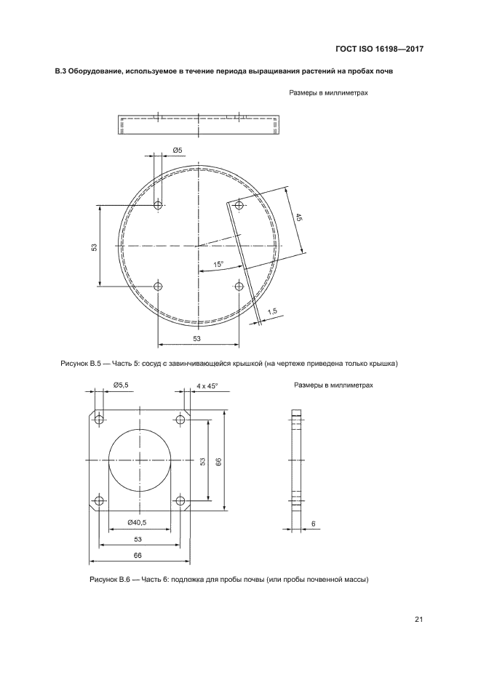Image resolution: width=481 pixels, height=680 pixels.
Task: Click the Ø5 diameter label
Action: (x=178, y=150)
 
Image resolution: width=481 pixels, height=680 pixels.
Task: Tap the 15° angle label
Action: (x=218, y=264)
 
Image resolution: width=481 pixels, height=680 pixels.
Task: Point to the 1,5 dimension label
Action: (x=272, y=311)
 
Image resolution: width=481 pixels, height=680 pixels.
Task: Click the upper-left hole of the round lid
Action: (x=158, y=204)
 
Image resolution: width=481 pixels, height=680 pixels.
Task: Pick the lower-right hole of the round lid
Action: (x=239, y=286)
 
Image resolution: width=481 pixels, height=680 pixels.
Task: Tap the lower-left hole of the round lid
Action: (x=158, y=286)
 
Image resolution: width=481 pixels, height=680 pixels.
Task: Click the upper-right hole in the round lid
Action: (x=239, y=205)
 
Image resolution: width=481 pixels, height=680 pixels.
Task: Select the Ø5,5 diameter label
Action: (x=121, y=385)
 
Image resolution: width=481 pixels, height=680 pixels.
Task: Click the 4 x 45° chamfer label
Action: (x=207, y=385)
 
